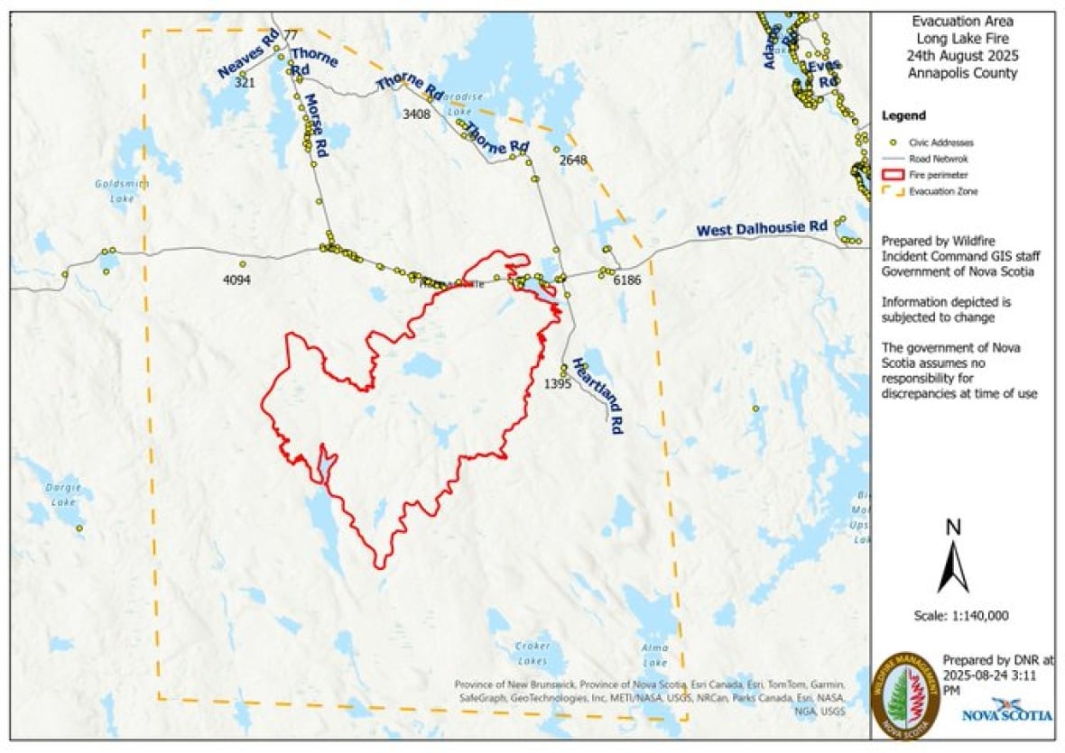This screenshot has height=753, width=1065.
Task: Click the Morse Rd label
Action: [x=313, y=121]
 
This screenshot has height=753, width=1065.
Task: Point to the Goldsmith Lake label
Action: [x=115, y=190]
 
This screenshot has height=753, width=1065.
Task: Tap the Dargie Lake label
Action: [x=62, y=495]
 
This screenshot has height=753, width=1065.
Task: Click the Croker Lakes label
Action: [x=532, y=652]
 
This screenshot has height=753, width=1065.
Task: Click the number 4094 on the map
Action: [x=236, y=280]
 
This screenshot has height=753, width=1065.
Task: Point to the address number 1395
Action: [x=558, y=384]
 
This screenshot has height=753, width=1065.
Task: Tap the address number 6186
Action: [x=626, y=280]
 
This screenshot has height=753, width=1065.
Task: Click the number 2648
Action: [x=573, y=160]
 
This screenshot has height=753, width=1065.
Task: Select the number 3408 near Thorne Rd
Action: [x=416, y=114]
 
